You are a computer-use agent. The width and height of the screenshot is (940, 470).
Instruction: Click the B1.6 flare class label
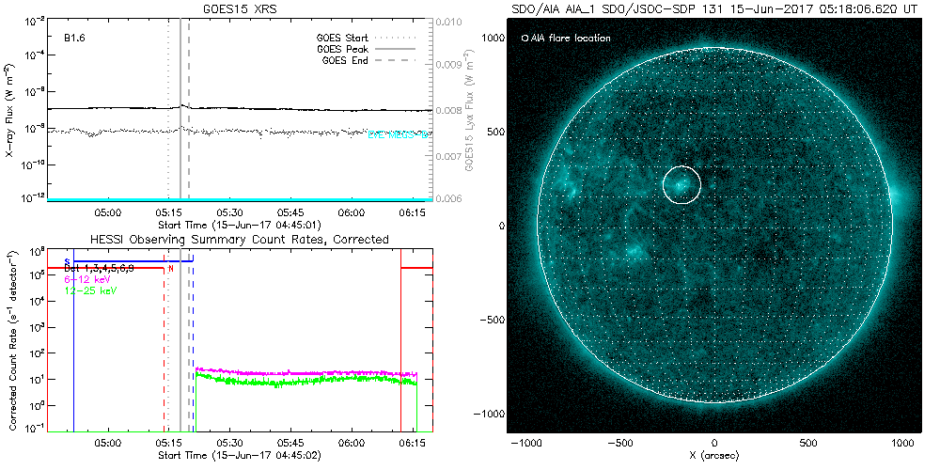coord(76,39)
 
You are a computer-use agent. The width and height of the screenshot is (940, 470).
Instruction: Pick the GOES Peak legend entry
coord(344,48)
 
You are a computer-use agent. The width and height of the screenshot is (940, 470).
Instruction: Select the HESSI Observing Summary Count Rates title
coord(239,240)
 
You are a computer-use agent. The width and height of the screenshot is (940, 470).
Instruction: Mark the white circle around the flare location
coord(682,184)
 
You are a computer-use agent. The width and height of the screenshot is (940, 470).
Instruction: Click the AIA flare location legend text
coord(570,39)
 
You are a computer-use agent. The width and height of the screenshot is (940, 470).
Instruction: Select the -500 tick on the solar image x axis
coord(619,441)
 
